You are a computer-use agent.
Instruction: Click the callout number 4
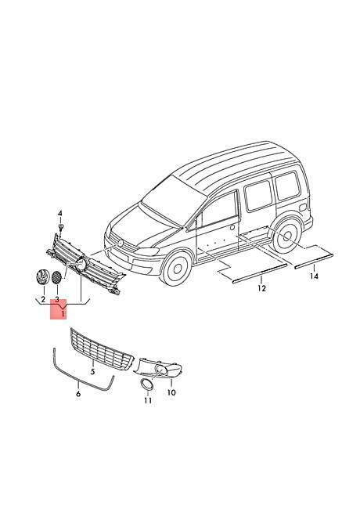pos(59,214)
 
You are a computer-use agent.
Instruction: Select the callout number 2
pos(43,298)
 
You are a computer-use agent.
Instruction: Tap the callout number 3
pos(57,298)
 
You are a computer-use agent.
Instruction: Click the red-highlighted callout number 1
pos(63,313)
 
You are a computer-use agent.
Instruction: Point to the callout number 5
pos(93,371)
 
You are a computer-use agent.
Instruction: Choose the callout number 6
pos(78,394)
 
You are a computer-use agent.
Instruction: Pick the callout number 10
pos(171,392)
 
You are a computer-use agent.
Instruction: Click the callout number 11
pos(148,401)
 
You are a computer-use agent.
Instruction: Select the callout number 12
pos(261,288)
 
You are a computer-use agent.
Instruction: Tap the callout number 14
pos(314,276)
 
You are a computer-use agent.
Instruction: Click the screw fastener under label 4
pos(60,227)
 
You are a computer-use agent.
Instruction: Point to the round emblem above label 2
pos(43,277)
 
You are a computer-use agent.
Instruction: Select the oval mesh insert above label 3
pos(57,278)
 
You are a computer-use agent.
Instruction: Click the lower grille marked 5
pos(102,350)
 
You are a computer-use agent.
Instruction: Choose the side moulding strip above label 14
pos(314,261)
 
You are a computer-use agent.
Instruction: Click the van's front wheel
pos(177,269)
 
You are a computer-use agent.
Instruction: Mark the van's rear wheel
pos(286,236)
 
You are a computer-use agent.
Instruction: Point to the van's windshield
pos(174,199)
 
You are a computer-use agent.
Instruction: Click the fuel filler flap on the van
pos(303,208)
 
